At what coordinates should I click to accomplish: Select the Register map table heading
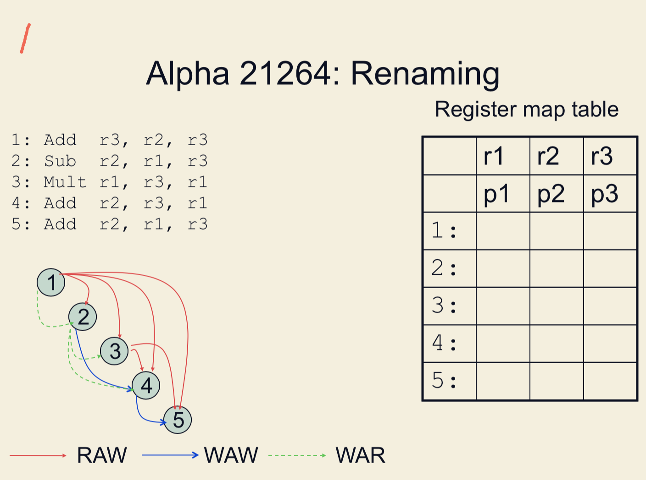click(x=527, y=110)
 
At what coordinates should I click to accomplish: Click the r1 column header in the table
click(x=494, y=156)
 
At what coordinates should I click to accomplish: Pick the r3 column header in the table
click(x=601, y=156)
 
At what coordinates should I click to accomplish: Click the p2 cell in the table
click(x=551, y=194)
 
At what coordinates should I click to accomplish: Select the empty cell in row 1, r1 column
click(x=503, y=231)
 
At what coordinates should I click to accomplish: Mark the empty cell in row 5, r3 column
click(x=610, y=381)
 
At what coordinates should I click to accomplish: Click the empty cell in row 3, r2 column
click(x=557, y=306)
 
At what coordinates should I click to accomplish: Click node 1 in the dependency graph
click(x=51, y=282)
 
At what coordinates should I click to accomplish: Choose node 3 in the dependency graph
click(x=114, y=351)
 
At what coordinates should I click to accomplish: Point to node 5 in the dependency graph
click(x=178, y=420)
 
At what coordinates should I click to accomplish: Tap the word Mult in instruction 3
click(x=65, y=182)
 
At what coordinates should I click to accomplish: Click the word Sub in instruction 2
click(x=60, y=161)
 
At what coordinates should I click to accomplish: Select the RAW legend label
click(x=102, y=455)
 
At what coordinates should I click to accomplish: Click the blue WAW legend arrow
click(x=170, y=455)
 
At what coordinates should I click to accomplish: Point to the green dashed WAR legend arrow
click(x=297, y=455)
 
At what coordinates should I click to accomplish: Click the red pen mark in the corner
click(x=25, y=38)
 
